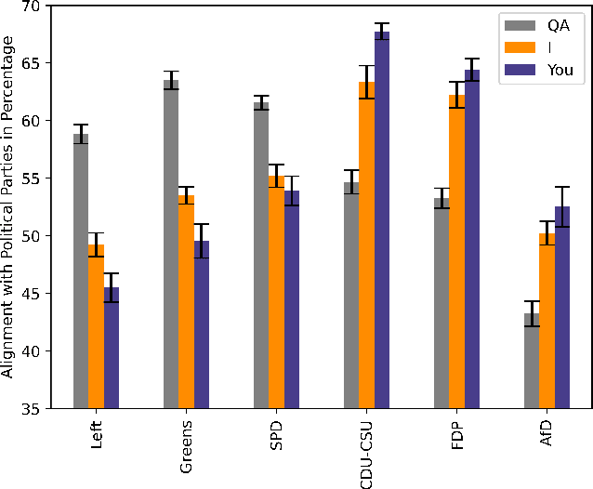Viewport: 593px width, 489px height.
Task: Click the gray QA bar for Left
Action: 81,270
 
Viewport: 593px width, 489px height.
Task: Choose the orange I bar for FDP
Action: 456,251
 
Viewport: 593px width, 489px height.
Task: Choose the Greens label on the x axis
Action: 186,443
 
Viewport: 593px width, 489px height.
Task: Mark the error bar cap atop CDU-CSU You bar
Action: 381,23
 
